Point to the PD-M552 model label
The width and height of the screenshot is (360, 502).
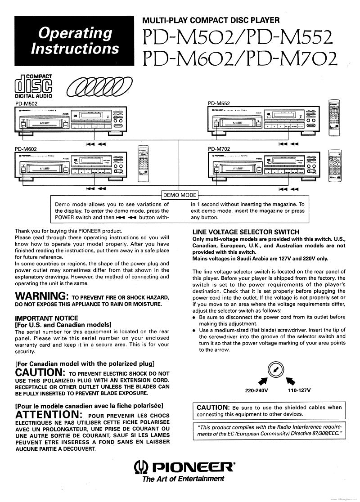click(218, 103)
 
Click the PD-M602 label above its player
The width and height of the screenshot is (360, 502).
click(25, 148)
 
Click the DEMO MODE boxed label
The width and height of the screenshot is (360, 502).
click(179, 195)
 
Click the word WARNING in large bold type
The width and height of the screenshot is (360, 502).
click(41, 296)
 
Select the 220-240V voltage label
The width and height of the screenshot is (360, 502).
click(256, 390)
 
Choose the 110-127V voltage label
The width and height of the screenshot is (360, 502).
click(299, 390)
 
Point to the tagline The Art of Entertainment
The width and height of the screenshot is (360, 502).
click(183, 479)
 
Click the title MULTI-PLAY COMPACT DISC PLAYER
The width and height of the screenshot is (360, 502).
click(211, 20)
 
